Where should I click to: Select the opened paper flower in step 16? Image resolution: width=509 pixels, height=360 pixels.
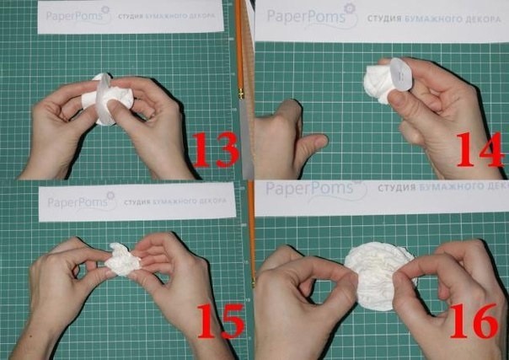pos(379,276)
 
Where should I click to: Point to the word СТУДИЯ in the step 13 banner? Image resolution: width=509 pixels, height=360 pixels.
pos(139,15)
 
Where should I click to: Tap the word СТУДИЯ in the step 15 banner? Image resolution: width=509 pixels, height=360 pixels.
pos(139,202)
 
